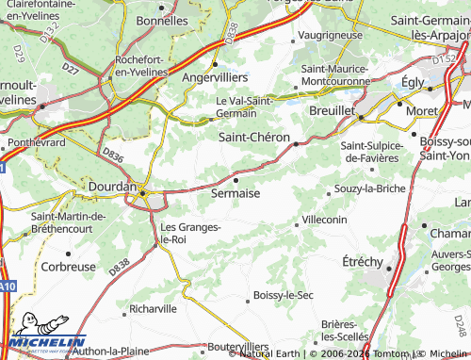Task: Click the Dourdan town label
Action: pos(112,187)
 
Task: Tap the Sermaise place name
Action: pos(235,192)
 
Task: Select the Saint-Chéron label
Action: pos(254,137)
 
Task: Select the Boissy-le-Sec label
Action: pos(284,296)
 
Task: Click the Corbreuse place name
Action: pos(69,267)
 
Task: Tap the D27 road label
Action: pos(71,68)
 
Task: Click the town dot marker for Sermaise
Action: pos(235,179)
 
